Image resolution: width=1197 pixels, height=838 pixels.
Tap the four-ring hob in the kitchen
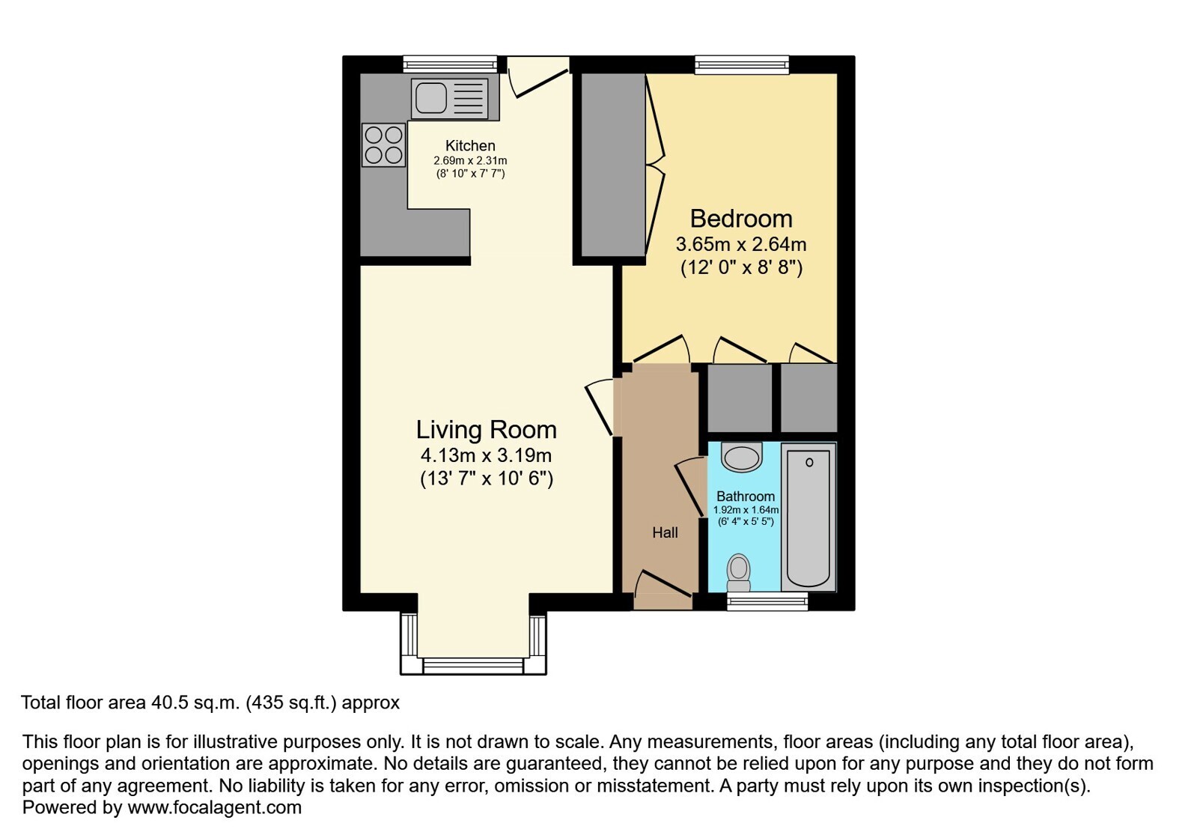[384, 145]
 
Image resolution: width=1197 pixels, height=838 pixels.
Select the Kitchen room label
[470, 145]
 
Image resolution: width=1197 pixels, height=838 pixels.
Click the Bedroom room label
[741, 219]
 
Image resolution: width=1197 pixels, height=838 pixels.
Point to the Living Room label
[487, 430]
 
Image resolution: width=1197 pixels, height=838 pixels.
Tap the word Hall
[665, 532]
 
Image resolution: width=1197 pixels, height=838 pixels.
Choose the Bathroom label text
[746, 497]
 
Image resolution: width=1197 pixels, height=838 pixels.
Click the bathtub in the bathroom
[808, 517]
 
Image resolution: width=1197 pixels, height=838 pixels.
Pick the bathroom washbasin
[742, 457]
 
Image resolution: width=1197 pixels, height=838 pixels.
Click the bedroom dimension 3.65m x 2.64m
[741, 244]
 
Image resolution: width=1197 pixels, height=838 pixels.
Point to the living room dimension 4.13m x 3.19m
[487, 455]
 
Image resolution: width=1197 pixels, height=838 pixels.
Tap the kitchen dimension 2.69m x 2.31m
[470, 160]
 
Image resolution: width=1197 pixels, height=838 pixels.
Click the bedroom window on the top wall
[742, 64]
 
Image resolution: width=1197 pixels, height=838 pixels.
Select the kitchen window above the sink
[450, 64]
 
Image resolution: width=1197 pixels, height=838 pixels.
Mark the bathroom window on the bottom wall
[767, 601]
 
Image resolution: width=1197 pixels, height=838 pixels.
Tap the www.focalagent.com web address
[214, 807]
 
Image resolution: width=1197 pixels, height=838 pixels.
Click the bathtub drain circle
[809, 462]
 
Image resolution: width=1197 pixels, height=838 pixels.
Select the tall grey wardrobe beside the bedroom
[613, 165]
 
